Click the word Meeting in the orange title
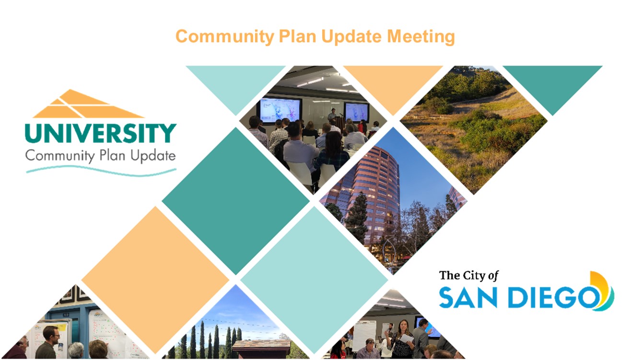(x=421, y=36)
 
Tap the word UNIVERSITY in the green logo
(x=101, y=133)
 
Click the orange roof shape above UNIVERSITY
(x=88, y=104)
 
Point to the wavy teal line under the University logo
(x=101, y=171)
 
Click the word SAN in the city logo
(x=468, y=298)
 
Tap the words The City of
(x=469, y=276)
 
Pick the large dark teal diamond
(x=236, y=201)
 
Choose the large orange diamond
(x=155, y=280)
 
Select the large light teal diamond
(x=314, y=280)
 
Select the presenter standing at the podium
(x=333, y=116)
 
